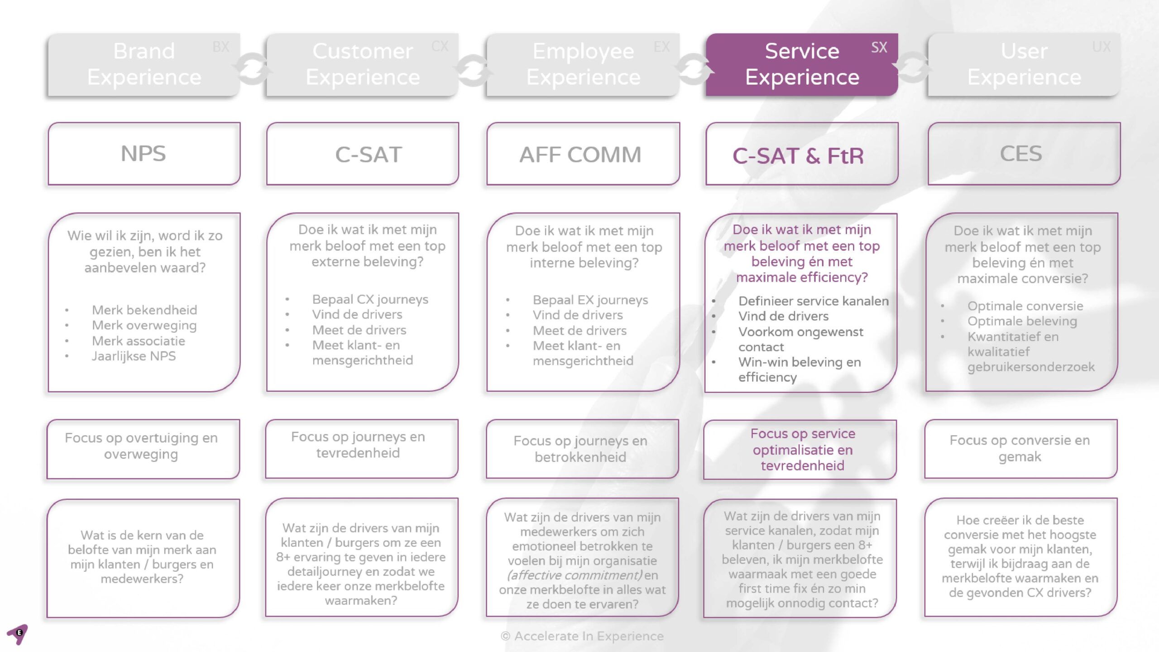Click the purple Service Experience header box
point(801,64)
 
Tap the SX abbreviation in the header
point(879,48)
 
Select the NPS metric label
point(144,153)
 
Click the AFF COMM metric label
point(580,155)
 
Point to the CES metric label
point(1021,154)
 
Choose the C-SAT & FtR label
point(798,156)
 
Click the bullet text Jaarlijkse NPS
point(134,356)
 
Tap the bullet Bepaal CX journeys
point(370,299)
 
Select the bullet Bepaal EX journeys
point(590,300)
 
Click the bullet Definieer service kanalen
point(813,301)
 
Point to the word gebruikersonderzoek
point(1031,367)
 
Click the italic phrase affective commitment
point(575,575)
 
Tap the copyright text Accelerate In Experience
point(582,636)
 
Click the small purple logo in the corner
point(18,633)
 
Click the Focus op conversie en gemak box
point(1020,449)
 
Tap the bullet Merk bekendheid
point(144,310)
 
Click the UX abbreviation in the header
point(1101,47)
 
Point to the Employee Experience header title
point(583,64)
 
